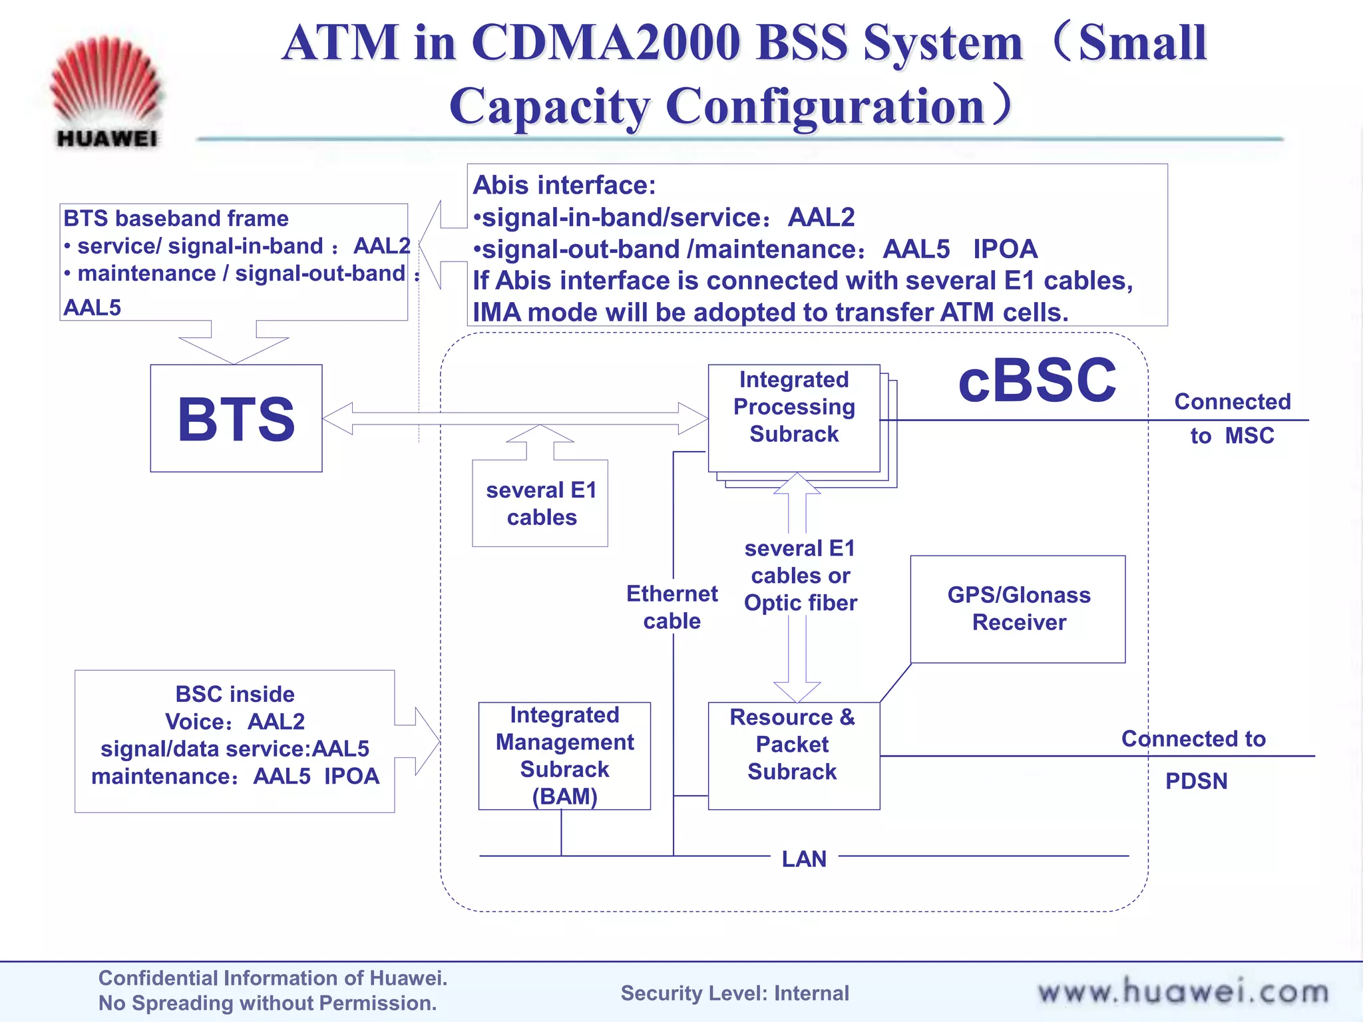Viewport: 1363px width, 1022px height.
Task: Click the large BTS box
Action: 236,419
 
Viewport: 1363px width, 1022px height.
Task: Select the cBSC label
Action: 1036,381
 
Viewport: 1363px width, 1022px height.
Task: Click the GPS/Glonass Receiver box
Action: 1018,609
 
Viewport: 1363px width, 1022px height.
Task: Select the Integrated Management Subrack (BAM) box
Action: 564,755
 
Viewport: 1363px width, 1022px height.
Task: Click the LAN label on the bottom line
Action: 804,859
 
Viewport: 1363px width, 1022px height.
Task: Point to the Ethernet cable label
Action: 672,607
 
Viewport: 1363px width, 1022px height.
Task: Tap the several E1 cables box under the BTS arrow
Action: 540,504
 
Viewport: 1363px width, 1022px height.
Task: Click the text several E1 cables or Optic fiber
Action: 800,576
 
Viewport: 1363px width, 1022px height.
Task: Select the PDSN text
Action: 1196,780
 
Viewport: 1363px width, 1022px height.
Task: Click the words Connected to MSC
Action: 1232,418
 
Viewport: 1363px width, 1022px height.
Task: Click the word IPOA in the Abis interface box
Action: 1005,249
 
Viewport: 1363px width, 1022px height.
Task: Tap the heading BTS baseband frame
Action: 176,218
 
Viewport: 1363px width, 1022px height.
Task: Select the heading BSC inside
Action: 235,694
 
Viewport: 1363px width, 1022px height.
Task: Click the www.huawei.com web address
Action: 1183,991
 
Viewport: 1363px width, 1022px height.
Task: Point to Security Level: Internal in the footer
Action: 735,993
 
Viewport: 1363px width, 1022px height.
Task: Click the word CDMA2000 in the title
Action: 606,43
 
